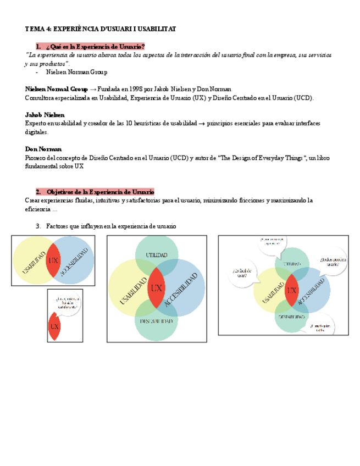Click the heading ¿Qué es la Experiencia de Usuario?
point(96,47)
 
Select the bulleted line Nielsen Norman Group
point(76,72)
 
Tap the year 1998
point(135,89)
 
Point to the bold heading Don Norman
point(43,149)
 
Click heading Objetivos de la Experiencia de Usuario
point(100,191)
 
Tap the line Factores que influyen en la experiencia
point(111,226)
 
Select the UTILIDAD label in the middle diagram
point(157,255)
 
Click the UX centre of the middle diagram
point(157,288)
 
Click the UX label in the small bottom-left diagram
point(54,326)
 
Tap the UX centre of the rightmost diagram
point(291,290)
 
